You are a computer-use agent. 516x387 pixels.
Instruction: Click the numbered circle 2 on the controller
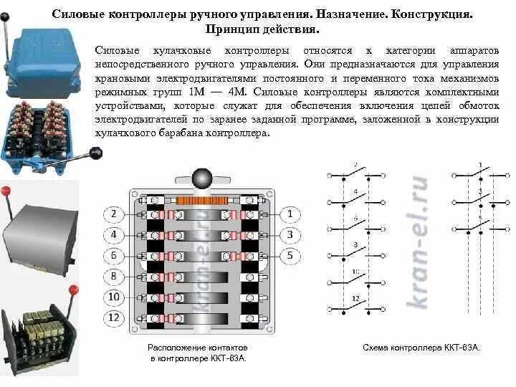113,214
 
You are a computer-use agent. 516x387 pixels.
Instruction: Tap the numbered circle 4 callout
113,234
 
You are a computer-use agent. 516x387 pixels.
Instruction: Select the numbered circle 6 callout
113,255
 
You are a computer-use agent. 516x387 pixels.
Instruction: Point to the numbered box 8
113,277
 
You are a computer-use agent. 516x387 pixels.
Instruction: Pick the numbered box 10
113,297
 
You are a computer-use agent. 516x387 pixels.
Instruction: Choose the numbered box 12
113,317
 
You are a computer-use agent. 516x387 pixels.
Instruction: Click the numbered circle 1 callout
289,214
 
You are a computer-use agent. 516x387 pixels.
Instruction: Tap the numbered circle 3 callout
289,234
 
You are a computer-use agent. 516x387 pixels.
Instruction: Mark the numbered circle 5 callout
289,255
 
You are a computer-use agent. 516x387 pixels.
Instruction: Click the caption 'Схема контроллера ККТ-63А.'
421,348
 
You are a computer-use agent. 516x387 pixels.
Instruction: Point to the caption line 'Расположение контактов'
197,348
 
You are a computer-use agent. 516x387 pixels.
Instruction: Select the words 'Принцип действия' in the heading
262,31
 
